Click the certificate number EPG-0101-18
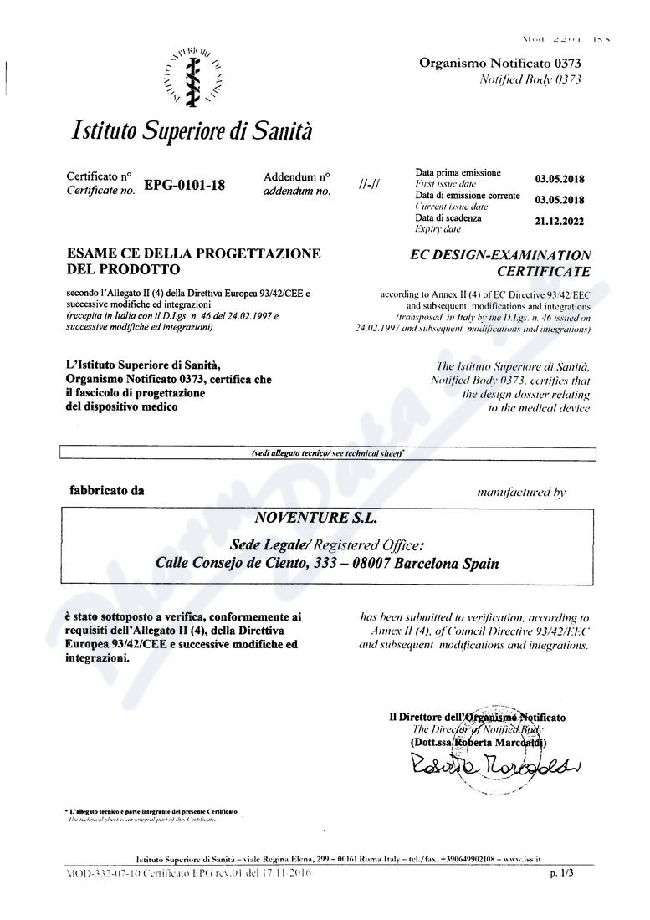pyautogui.click(x=184, y=186)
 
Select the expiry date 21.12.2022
pyautogui.click(x=560, y=222)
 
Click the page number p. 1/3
pyautogui.click(x=562, y=873)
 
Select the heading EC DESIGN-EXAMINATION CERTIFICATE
pyautogui.click(x=502, y=263)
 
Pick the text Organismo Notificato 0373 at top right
pyautogui.click(x=499, y=63)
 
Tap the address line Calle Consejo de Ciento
pyautogui.click(x=327, y=564)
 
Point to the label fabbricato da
pyautogui.click(x=106, y=491)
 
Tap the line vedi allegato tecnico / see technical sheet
pyautogui.click(x=327, y=453)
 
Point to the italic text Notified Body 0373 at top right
pyautogui.click(x=530, y=79)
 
